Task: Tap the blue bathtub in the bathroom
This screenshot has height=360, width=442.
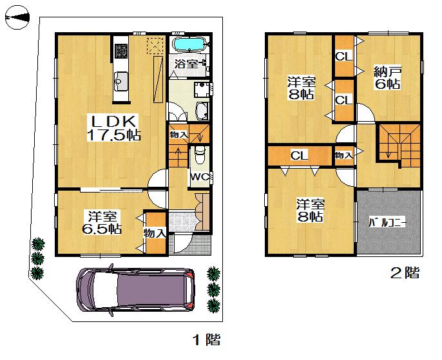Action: pyautogui.click(x=189, y=45)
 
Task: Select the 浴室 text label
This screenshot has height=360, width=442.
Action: pyautogui.click(x=186, y=64)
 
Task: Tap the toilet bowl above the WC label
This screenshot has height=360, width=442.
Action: pyautogui.click(x=199, y=155)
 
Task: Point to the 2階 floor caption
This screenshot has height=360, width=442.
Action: pyautogui.click(x=404, y=273)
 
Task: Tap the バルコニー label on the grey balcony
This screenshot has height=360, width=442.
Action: pyautogui.click(x=387, y=223)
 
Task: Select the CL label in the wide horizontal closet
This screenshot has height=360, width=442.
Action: pyautogui.click(x=299, y=155)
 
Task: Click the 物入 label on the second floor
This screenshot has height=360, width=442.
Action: pyautogui.click(x=343, y=155)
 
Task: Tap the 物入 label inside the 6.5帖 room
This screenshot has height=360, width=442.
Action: pyautogui.click(x=155, y=232)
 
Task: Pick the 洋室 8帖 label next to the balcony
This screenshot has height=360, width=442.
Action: pyautogui.click(x=310, y=211)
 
